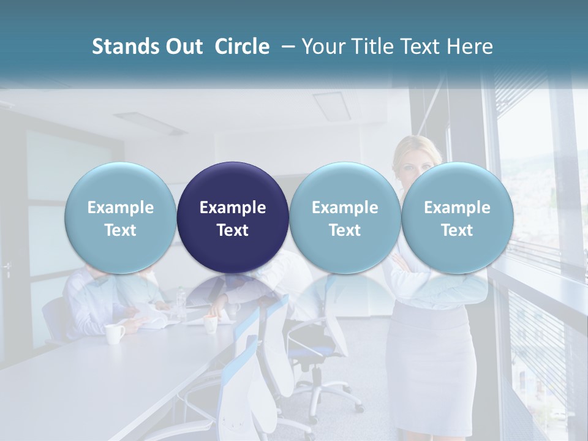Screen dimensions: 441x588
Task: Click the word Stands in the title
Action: pyautogui.click(x=125, y=47)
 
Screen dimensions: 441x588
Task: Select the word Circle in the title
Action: pyautogui.click(x=242, y=47)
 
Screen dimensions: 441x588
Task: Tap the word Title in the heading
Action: pyautogui.click(x=375, y=47)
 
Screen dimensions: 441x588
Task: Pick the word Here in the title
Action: pyautogui.click(x=470, y=47)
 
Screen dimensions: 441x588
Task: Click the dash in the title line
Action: pyautogui.click(x=285, y=47)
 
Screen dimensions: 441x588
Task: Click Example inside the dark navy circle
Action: pyautogui.click(x=233, y=208)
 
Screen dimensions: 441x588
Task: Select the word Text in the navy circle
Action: pyautogui.click(x=233, y=230)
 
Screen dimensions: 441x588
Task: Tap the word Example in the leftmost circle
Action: pyautogui.click(x=120, y=208)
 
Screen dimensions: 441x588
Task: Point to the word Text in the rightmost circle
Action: pyautogui.click(x=457, y=230)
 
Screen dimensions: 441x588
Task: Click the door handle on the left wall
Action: pyautogui.click(x=7, y=268)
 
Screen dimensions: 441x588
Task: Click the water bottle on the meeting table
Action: pyautogui.click(x=181, y=300)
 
